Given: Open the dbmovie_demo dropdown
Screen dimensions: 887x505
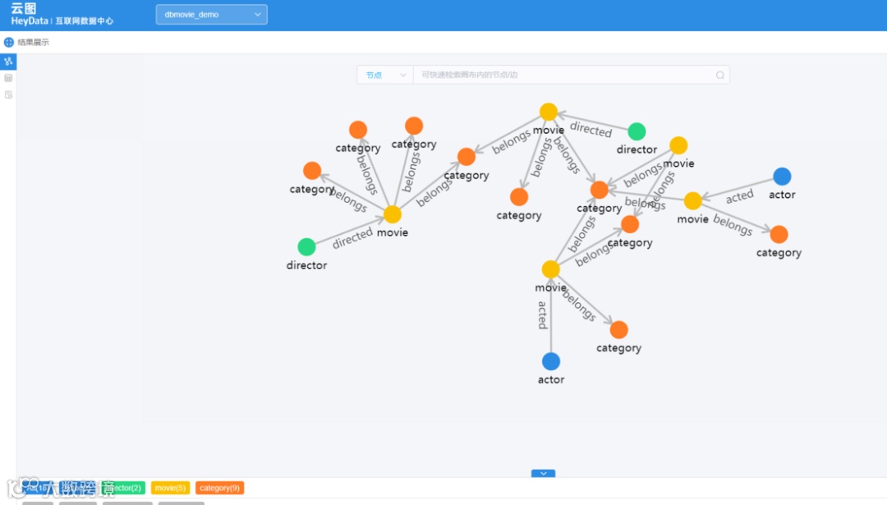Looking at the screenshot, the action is [x=211, y=15].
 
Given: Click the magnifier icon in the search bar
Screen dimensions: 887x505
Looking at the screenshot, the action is [x=720, y=75].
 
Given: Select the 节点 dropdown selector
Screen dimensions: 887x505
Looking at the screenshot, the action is [x=384, y=75].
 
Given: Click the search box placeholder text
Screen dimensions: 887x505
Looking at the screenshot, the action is [x=470, y=75].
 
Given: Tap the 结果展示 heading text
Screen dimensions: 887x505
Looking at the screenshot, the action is [x=34, y=42].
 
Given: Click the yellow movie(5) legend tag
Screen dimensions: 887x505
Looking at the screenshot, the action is [x=170, y=488].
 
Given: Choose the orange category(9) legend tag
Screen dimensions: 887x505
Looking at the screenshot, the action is [x=219, y=488].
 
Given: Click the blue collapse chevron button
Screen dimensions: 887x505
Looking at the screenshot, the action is [x=543, y=474].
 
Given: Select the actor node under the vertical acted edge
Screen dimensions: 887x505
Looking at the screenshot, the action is [x=551, y=361].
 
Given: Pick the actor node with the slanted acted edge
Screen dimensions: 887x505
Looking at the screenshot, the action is [x=782, y=177].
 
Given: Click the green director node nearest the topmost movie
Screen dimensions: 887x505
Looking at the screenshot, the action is [x=637, y=131].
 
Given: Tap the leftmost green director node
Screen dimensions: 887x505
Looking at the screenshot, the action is [x=306, y=247].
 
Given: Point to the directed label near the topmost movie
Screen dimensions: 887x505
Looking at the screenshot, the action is [x=591, y=130].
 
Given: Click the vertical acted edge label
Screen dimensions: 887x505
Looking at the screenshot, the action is [x=543, y=315].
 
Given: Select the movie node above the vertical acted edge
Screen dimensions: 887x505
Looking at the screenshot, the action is [x=551, y=269].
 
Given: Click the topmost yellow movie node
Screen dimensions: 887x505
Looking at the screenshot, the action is [x=549, y=112].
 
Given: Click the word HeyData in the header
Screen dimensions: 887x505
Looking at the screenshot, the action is [x=30, y=21].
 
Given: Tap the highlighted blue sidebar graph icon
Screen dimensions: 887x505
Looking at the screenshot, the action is [x=8, y=62].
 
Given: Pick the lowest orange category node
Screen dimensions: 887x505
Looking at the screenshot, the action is [x=619, y=330].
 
